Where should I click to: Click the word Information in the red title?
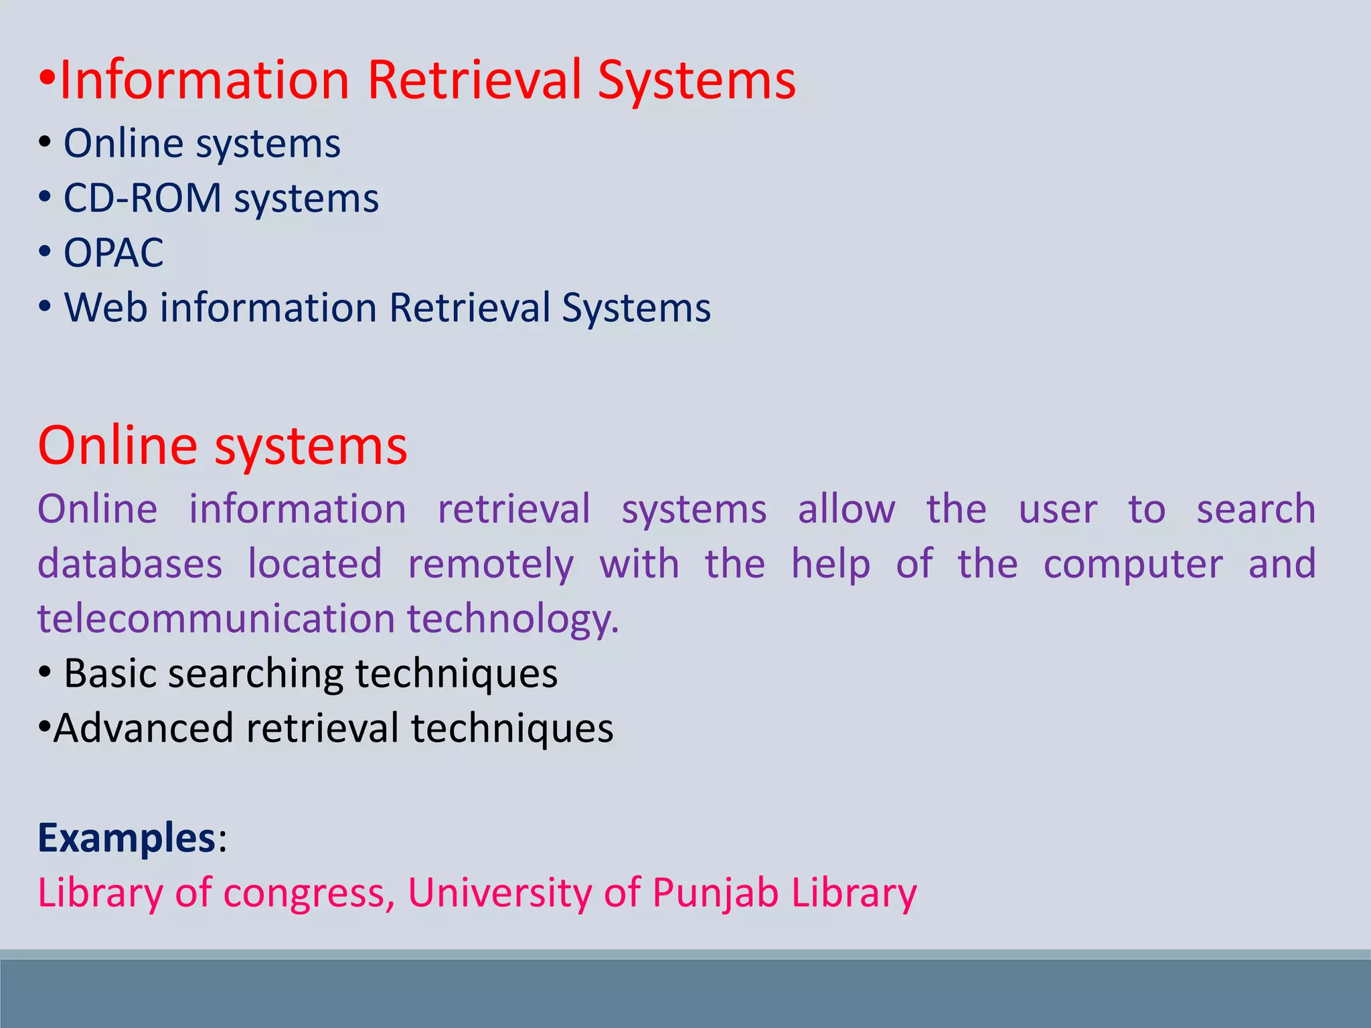(x=204, y=80)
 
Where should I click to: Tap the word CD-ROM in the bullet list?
(x=142, y=198)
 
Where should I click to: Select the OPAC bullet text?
(x=113, y=253)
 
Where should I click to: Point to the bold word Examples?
(x=126, y=837)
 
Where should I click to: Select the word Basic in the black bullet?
(x=110, y=673)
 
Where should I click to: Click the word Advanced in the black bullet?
(x=143, y=728)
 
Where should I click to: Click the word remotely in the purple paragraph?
(x=491, y=564)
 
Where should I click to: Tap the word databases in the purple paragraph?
(x=130, y=564)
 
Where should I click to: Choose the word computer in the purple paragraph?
(x=1133, y=564)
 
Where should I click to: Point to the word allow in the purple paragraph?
(x=846, y=509)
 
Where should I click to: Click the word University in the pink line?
(x=499, y=893)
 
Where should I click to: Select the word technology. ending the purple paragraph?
(x=513, y=619)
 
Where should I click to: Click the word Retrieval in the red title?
(x=475, y=80)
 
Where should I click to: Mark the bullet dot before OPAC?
(x=44, y=253)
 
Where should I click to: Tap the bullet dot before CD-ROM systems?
(x=44, y=198)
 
